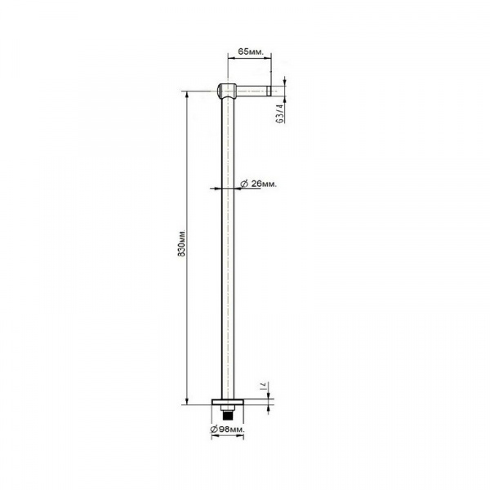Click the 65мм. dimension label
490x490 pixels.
tap(251, 52)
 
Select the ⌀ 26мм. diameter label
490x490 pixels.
tap(259, 184)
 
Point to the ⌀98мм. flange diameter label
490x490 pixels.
tap(228, 430)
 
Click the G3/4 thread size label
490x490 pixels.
tap(281, 114)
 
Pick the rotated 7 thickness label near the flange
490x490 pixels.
tap(263, 386)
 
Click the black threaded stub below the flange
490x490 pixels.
tap(227, 416)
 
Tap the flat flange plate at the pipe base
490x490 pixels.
tap(228, 402)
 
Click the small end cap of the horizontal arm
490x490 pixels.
tap(269, 90)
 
